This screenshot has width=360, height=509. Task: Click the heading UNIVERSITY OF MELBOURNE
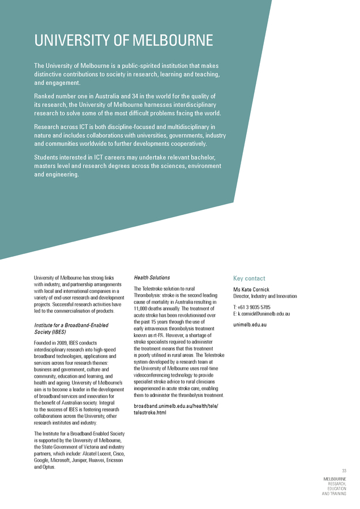123,41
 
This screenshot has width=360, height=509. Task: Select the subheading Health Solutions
152,278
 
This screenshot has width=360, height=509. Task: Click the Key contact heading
249,278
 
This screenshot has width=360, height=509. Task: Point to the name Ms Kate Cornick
251,290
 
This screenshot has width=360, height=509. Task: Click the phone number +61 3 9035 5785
255,307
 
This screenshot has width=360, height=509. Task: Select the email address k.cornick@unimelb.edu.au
264,313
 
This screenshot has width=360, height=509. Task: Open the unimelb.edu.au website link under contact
250,325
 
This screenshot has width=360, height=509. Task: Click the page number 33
344,471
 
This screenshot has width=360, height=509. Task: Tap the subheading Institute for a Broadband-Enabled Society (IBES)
71,329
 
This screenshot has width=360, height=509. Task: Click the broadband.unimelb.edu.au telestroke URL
175,409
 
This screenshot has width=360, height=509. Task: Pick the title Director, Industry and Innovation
265,296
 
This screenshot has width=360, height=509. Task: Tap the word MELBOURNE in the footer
335,479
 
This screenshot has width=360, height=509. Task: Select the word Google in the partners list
42,460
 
